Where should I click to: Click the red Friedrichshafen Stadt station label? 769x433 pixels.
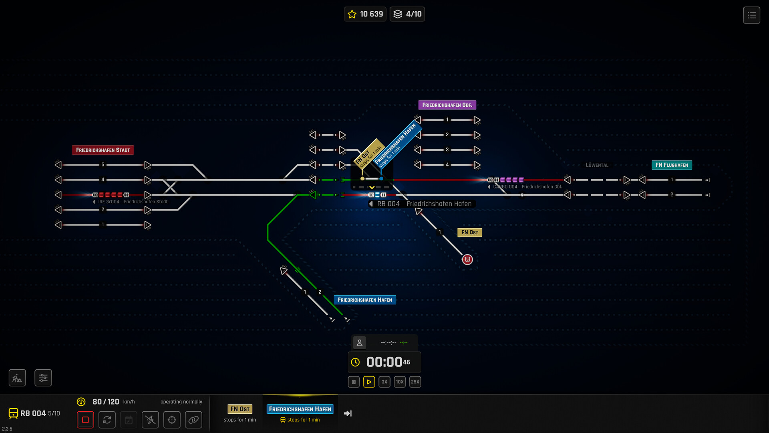click(x=103, y=150)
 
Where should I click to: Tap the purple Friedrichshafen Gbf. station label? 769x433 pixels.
click(x=447, y=105)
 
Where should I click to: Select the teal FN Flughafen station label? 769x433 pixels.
click(x=672, y=165)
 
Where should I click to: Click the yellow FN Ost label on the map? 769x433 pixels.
click(x=469, y=233)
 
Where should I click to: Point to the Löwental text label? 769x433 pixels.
click(x=597, y=165)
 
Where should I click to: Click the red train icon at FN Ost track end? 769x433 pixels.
click(x=467, y=260)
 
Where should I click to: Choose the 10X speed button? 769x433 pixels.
click(x=400, y=382)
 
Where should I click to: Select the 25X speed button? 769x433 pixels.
click(x=415, y=382)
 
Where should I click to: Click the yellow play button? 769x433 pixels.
click(x=369, y=382)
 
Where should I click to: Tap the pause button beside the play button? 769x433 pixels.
click(x=354, y=382)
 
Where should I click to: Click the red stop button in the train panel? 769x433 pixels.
click(x=85, y=420)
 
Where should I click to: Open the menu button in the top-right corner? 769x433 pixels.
click(x=751, y=15)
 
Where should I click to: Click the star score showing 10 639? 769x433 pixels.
click(x=365, y=14)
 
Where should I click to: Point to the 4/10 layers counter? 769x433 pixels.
click(x=407, y=14)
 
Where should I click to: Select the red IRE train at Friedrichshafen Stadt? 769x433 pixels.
click(x=111, y=195)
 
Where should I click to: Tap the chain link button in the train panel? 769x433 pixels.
click(x=193, y=420)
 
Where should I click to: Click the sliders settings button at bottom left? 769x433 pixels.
click(x=43, y=378)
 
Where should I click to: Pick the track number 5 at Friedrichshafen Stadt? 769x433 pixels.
click(x=103, y=165)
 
